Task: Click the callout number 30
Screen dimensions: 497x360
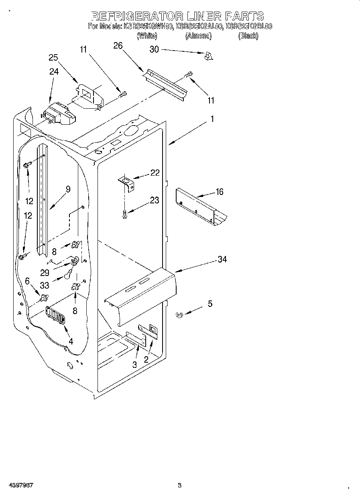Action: pos(154,49)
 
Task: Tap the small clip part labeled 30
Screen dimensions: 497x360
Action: pos(208,57)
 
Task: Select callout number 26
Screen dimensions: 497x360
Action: pos(118,46)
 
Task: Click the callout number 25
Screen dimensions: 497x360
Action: pos(53,57)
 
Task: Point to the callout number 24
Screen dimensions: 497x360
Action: pos(54,72)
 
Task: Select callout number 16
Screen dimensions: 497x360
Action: pos(219,192)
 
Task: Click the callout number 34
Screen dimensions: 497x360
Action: pos(222,260)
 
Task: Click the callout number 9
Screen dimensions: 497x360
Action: pos(68,189)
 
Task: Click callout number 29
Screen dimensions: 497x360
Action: pos(45,272)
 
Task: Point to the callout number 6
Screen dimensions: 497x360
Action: pos(27,281)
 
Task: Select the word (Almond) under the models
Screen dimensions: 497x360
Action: pos(198,36)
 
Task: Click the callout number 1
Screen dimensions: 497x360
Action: pos(212,119)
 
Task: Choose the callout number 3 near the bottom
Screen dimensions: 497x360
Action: pos(135,364)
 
